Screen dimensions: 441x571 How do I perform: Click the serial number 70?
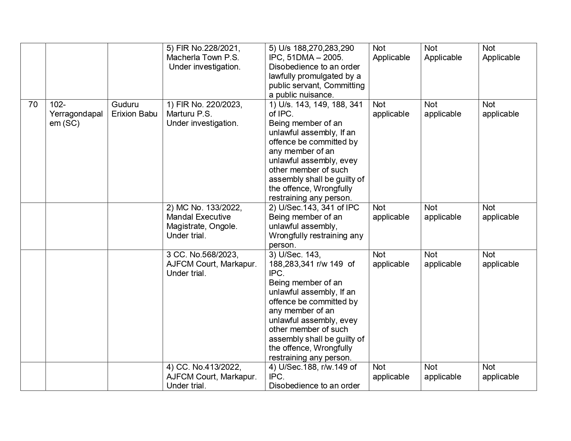(33, 104)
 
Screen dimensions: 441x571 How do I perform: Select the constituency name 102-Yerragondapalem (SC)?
(76, 114)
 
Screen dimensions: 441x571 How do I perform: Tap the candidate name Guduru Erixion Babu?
(134, 109)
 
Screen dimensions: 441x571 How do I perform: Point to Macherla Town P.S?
(202, 57)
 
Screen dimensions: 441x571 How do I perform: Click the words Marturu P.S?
(189, 114)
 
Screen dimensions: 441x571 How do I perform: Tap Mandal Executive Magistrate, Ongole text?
(202, 222)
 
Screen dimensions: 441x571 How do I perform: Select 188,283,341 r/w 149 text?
(311, 264)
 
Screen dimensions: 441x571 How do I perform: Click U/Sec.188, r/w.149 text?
(312, 367)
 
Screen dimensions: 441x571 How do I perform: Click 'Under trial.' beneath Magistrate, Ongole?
(186, 236)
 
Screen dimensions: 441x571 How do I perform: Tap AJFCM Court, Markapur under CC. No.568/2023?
(211, 264)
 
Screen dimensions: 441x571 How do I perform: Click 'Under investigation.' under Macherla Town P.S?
(205, 67)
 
